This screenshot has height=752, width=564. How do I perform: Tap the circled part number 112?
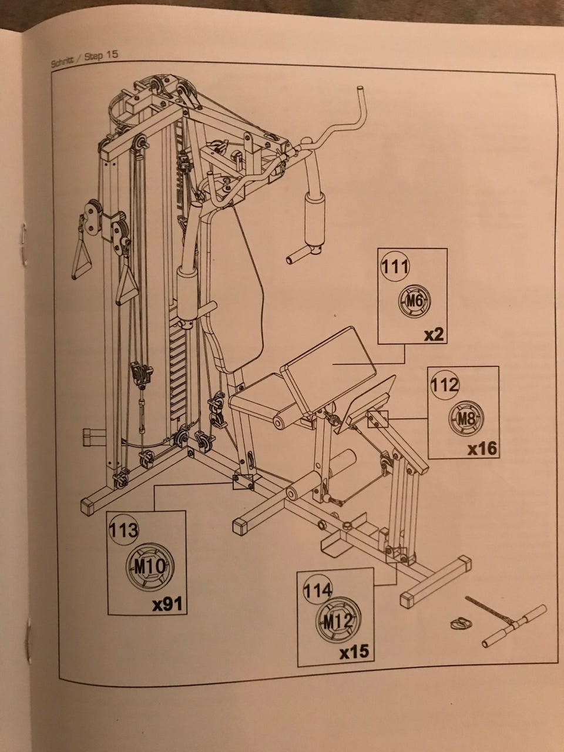point(445,385)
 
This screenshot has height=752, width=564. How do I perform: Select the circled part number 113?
point(123,530)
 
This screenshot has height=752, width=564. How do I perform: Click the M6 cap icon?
point(415,301)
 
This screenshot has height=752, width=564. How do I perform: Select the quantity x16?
point(482,449)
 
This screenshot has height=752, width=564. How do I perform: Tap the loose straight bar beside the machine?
point(514,626)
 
